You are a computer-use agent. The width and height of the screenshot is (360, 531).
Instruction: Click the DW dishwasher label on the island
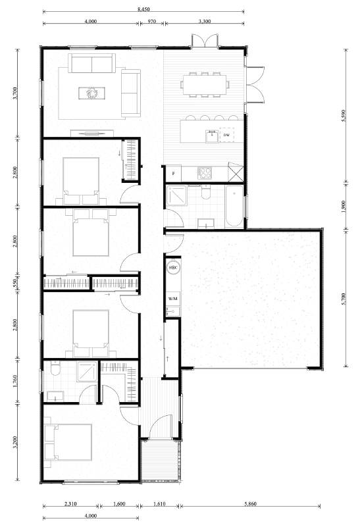click(x=226, y=135)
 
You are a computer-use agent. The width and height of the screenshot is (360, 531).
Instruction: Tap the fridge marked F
click(x=173, y=174)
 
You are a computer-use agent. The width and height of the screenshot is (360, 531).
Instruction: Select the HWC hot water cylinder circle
click(x=173, y=268)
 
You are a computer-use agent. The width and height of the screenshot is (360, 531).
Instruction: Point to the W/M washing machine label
click(x=172, y=299)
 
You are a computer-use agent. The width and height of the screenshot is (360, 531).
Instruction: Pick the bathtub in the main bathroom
click(x=235, y=207)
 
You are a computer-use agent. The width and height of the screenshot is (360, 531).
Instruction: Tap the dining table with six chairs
click(x=205, y=84)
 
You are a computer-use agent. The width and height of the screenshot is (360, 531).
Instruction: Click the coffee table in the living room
click(x=91, y=93)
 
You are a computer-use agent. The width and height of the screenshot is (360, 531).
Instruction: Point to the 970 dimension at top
click(x=152, y=21)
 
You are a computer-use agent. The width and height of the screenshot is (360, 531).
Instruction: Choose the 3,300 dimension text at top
click(x=204, y=21)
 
